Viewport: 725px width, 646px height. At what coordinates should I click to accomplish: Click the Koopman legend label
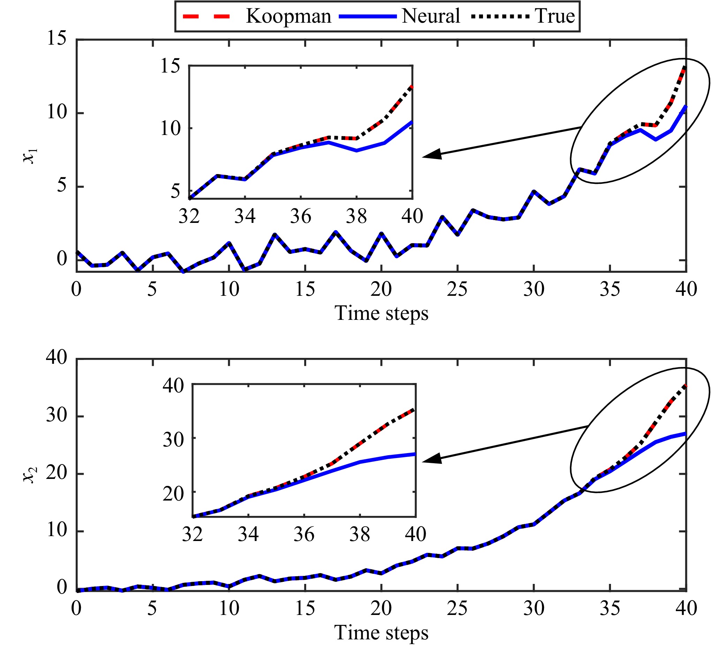click(x=288, y=17)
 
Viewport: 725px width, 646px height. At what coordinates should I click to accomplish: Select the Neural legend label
click(x=430, y=16)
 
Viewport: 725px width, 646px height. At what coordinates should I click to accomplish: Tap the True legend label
click(x=555, y=16)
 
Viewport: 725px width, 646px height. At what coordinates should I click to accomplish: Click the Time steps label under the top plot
click(x=382, y=314)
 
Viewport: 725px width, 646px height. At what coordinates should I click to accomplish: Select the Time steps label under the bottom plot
click(x=382, y=632)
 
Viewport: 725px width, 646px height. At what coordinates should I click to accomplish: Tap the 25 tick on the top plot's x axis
click(x=457, y=289)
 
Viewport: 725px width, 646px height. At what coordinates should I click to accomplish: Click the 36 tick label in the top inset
click(x=301, y=216)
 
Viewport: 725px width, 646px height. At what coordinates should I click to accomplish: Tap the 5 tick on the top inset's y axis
click(x=176, y=191)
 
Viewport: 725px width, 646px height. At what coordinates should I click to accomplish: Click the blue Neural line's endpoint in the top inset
click(x=412, y=122)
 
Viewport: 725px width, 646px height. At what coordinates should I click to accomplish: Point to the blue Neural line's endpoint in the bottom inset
click(x=415, y=454)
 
